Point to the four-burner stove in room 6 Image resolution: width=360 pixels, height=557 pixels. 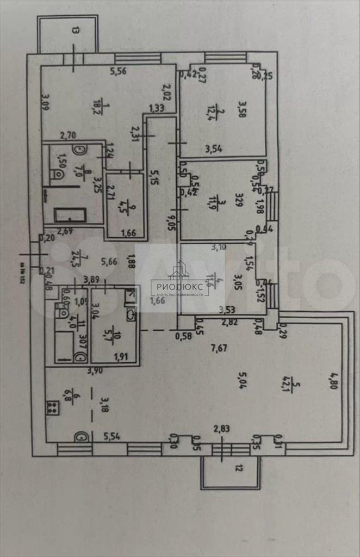pos(53,407)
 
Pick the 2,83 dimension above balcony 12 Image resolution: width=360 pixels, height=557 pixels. pos(221,429)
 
